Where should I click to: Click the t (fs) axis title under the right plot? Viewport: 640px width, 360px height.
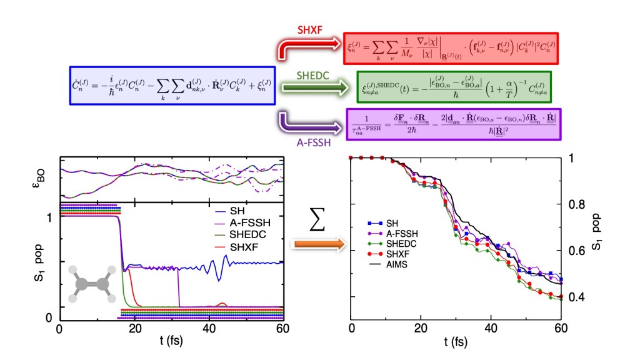pos(456,342)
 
